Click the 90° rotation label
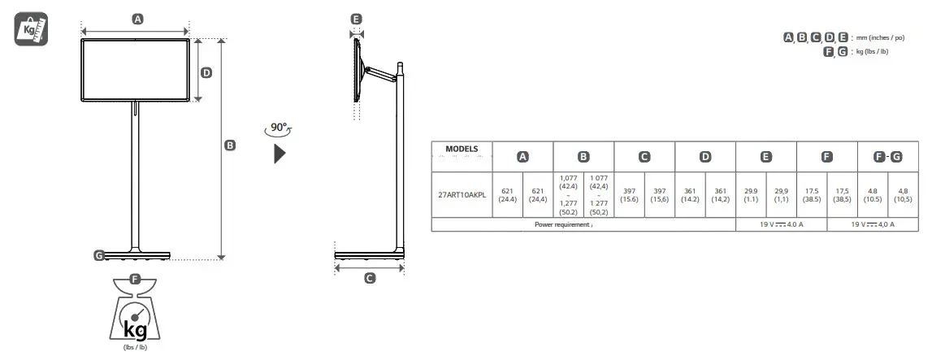(x=280, y=128)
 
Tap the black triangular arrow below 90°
(x=280, y=153)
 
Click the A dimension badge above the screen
(x=137, y=20)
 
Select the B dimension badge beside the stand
(x=230, y=145)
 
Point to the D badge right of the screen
(x=206, y=72)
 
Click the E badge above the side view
(x=356, y=19)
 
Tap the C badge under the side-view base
(x=370, y=278)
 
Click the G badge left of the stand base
(x=99, y=255)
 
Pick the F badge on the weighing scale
(x=135, y=280)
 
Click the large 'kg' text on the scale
(x=135, y=328)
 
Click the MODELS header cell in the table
(x=462, y=149)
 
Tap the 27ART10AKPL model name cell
(x=462, y=194)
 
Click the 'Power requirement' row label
(x=563, y=224)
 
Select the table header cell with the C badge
(x=644, y=157)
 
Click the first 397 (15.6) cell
(x=629, y=194)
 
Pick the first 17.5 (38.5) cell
(x=812, y=194)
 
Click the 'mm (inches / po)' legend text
(x=882, y=37)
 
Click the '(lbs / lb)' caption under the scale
(x=135, y=347)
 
